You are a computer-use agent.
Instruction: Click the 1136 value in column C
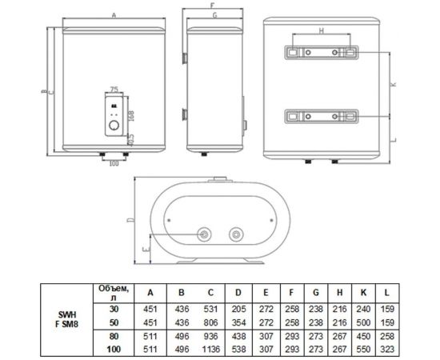point(210,350)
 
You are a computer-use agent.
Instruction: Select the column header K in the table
point(363,293)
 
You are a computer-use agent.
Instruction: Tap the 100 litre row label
point(114,350)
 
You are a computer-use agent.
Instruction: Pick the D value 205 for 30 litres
point(238,310)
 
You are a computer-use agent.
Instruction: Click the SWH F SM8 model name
point(66,319)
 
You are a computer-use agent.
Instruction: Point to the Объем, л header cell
point(114,293)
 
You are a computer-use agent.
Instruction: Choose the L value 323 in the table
point(387,350)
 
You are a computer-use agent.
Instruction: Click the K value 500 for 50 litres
point(363,322)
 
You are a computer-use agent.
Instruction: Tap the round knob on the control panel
point(114,126)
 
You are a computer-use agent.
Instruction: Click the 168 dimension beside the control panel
point(131,116)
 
